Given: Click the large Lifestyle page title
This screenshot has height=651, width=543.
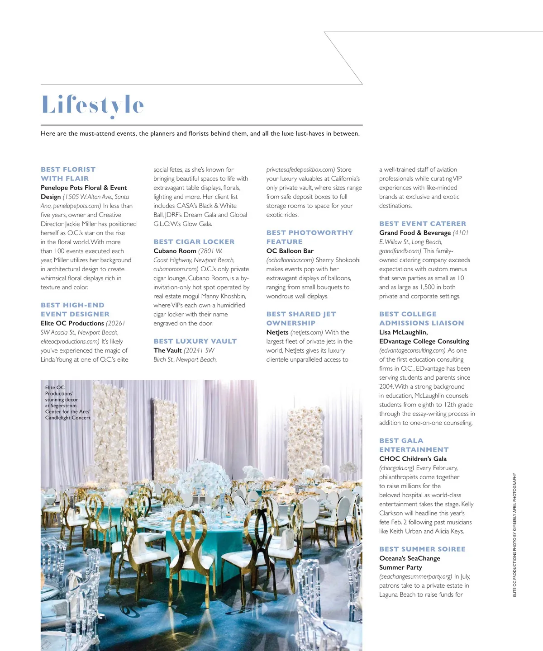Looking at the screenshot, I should click(x=93, y=105).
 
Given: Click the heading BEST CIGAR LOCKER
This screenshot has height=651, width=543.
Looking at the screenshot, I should click(x=194, y=242).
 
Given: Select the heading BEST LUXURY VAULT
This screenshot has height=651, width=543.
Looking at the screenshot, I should click(x=195, y=341).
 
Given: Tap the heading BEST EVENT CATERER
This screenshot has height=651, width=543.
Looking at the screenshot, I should click(x=423, y=224).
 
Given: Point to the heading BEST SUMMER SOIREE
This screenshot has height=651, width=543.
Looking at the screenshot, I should click(x=422, y=549).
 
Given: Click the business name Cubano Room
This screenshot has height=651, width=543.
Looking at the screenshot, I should click(x=175, y=251).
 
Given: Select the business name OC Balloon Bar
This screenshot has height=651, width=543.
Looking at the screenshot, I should click(x=290, y=251).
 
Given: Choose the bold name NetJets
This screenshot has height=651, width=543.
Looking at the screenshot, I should click(x=277, y=332).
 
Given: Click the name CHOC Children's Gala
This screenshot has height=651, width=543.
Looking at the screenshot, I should click(x=413, y=459).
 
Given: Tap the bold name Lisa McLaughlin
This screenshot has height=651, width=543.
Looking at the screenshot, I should click(x=403, y=332).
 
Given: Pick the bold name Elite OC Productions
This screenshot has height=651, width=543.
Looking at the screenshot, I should click(x=72, y=323).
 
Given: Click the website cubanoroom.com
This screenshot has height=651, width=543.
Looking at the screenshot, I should click(x=176, y=269).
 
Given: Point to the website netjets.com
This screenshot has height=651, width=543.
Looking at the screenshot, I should click(x=307, y=332).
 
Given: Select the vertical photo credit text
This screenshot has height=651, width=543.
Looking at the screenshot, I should click(x=514, y=534).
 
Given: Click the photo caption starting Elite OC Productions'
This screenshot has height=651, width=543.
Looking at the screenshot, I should click(x=68, y=402).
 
